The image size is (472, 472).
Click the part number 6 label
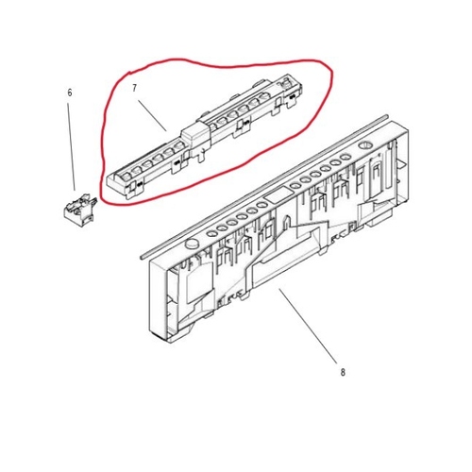70,93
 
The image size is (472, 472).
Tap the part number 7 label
134,89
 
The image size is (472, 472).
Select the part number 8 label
343,373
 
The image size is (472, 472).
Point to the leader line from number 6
71,146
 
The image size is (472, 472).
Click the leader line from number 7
152,115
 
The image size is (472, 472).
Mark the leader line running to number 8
308,326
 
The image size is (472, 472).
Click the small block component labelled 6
79,209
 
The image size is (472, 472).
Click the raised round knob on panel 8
192,244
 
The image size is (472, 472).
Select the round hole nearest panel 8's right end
346,157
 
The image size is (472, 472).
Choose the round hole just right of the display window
295,185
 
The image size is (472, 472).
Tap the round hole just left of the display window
261,205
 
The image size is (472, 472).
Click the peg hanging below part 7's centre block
199,157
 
